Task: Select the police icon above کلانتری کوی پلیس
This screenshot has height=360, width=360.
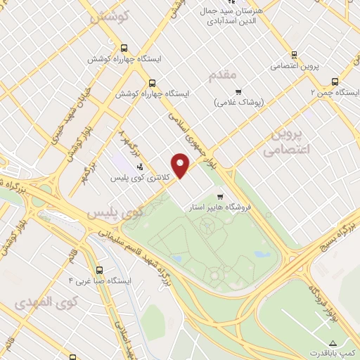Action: click(x=139, y=167)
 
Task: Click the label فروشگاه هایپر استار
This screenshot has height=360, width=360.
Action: click(x=220, y=208)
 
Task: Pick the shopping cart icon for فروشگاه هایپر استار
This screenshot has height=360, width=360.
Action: click(x=220, y=197)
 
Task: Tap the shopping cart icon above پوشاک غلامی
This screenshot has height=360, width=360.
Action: click(x=238, y=91)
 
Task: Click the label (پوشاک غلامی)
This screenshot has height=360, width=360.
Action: click(x=238, y=103)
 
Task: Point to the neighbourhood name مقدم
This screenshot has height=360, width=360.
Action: click(x=224, y=73)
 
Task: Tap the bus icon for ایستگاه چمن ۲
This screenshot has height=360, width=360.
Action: click(x=335, y=81)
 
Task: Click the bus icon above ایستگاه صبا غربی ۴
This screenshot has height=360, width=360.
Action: click(x=99, y=269)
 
